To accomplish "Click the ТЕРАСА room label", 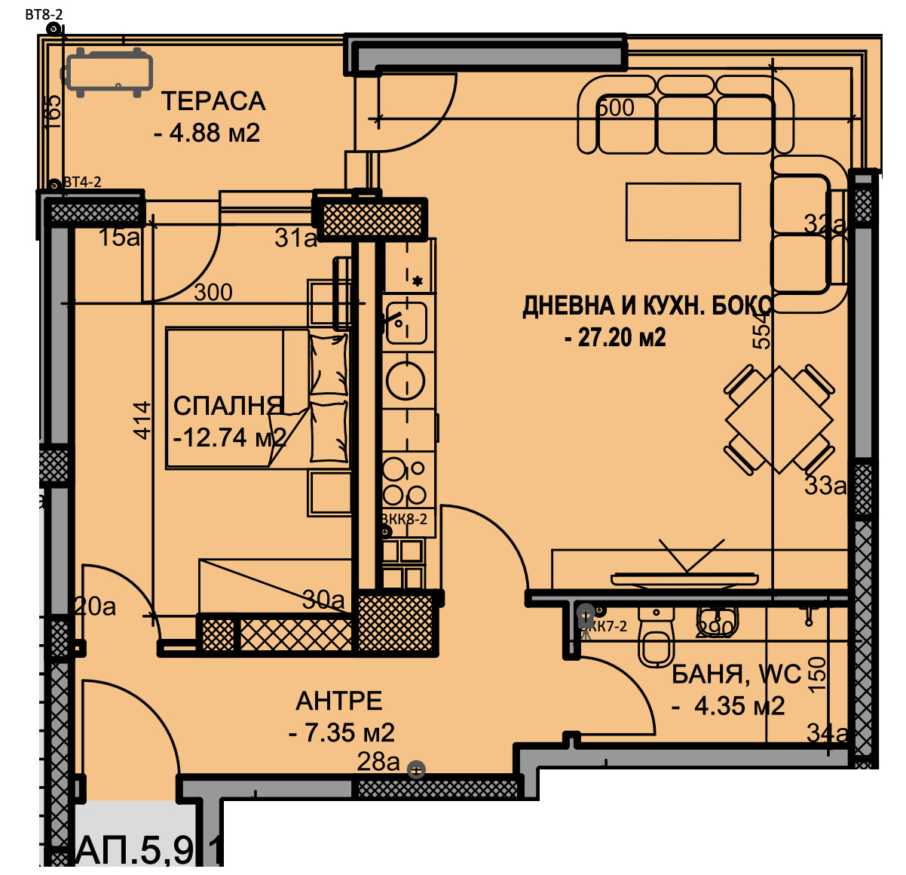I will [213, 101].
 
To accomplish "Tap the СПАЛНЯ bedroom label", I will [228, 406].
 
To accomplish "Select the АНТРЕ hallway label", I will [339, 701].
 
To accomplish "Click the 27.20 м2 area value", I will [615, 337].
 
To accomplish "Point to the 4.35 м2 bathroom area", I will [729, 706].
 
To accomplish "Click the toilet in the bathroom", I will [655, 641].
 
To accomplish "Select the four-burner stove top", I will [406, 481].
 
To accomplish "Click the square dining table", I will [779, 419].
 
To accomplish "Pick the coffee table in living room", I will [683, 212].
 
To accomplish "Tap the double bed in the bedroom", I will [256, 397].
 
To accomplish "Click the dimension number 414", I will [142, 419].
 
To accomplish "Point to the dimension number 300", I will [213, 292].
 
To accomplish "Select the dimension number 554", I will [763, 330].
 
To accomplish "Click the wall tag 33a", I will [825, 486].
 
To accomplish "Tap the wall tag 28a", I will [378, 762].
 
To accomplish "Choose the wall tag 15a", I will [119, 238].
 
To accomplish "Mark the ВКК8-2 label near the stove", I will [404, 519].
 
